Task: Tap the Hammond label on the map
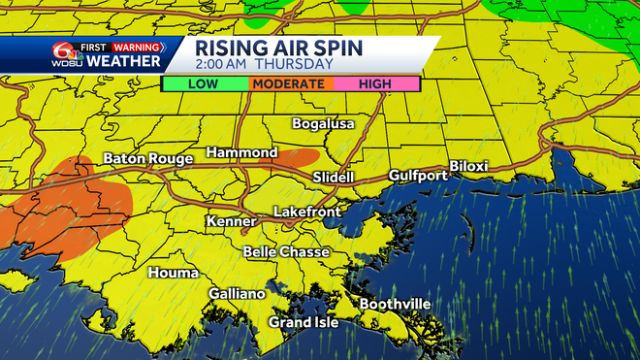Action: coord(241,153)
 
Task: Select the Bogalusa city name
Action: coord(324,124)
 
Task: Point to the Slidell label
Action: coord(334,178)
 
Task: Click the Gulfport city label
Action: coord(418,176)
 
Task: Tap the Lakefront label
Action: coord(304,211)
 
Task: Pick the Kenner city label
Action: coord(231,222)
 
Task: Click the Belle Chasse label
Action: coord(285,252)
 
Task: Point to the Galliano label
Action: coord(237,293)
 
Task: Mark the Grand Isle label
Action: coord(304,322)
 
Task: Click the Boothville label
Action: coord(395,304)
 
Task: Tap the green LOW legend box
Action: coord(204,84)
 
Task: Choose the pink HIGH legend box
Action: coord(375,84)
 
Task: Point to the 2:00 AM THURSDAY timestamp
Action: coord(265,64)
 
